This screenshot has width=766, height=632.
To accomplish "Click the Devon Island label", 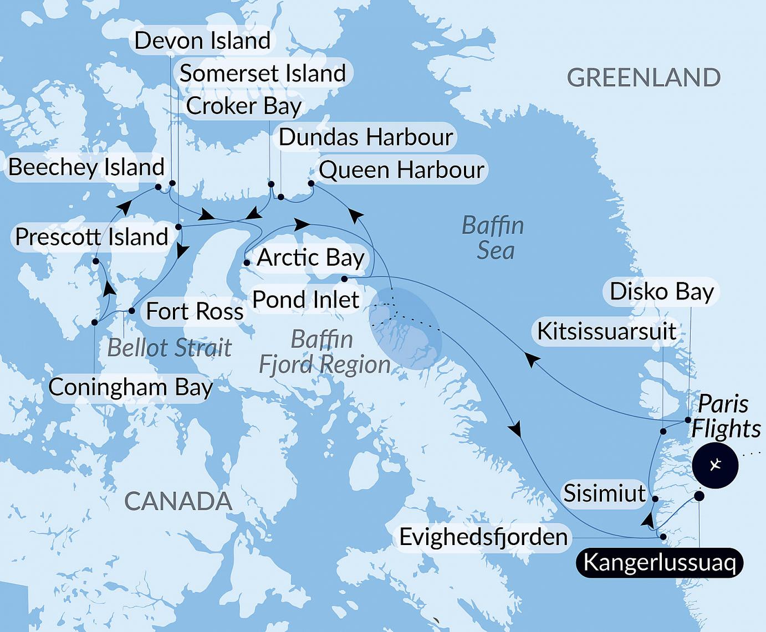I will (x=202, y=41).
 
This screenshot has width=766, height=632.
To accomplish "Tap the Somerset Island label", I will (x=263, y=74).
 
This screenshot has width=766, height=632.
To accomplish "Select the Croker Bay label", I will (x=244, y=106).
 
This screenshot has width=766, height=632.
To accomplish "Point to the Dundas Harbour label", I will (x=366, y=137).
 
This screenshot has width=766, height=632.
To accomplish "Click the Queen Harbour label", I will (x=402, y=169).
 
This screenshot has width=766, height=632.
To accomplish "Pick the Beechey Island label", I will (x=86, y=167).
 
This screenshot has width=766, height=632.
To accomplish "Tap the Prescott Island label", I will (x=91, y=237).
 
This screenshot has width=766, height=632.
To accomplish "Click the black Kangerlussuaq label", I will (x=660, y=563).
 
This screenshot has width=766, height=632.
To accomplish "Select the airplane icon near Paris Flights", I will (x=715, y=465).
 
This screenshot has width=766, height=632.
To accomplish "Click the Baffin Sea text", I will (x=493, y=238).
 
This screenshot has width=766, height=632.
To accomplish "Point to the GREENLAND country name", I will (x=644, y=78).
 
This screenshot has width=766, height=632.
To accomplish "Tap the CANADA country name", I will (x=178, y=501).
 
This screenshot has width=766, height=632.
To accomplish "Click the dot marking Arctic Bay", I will (x=247, y=263).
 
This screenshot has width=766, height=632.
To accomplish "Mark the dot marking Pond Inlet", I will (x=344, y=279).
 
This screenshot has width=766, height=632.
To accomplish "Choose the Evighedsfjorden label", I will (x=483, y=537).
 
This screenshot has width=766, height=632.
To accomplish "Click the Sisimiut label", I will (x=605, y=493).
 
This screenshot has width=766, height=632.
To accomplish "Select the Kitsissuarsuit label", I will (x=607, y=331).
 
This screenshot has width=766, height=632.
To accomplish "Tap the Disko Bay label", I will (x=662, y=292).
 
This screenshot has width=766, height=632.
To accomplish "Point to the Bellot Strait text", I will (x=170, y=348).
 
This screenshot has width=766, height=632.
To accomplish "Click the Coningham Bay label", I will (x=131, y=387).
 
